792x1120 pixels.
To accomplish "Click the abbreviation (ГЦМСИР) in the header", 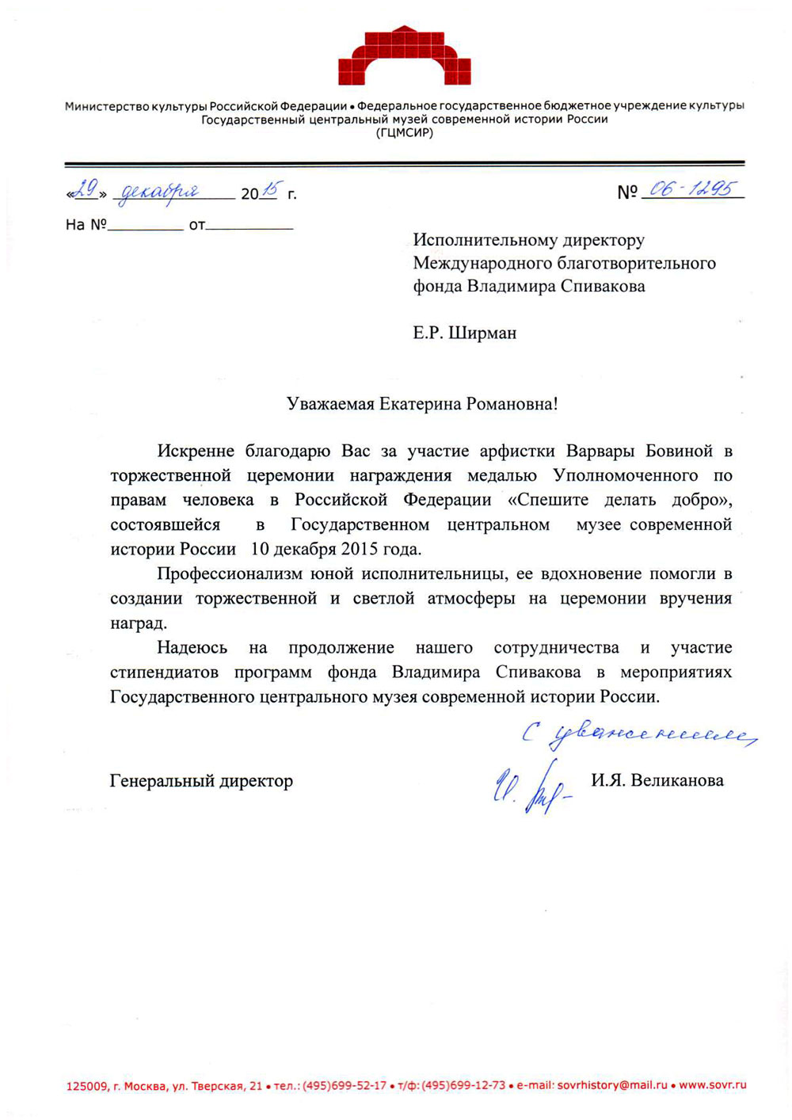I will coord(404,133).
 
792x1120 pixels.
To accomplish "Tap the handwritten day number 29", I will coord(86,189).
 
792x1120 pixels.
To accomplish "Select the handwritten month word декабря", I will coord(158,192).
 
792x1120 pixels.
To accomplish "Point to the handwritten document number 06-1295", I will coord(691,189).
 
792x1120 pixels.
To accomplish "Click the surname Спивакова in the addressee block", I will coord(603,286).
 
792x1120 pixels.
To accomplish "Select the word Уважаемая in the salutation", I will coord(329,404).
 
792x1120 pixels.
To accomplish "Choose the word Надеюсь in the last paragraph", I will coord(192,648).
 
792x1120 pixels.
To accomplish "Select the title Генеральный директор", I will coord(201,781).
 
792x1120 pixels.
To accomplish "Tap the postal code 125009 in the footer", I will coord(86,1086).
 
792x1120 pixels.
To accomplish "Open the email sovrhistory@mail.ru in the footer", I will coord(612,1085).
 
